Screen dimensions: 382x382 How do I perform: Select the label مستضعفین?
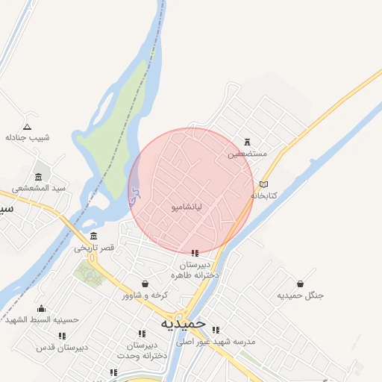[x=246, y=154]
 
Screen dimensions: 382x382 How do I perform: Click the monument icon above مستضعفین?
[x=247, y=143]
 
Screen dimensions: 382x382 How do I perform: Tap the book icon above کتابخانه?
[x=263, y=184]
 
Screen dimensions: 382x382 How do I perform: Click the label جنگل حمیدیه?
[x=301, y=295]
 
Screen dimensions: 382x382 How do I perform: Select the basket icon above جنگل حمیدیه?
[x=300, y=284]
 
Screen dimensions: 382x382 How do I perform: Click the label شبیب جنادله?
[x=28, y=137]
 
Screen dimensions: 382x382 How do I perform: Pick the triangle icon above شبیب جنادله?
[x=28, y=126]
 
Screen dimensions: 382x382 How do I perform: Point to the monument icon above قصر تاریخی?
[x=93, y=236]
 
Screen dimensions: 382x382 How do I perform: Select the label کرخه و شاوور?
[x=145, y=295]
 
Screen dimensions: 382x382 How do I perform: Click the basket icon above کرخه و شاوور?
[x=145, y=284]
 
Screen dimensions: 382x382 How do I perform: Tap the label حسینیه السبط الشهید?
[x=42, y=319]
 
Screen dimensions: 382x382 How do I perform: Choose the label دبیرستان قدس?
[x=63, y=347]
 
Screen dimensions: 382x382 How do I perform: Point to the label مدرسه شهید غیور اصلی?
[x=216, y=341]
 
